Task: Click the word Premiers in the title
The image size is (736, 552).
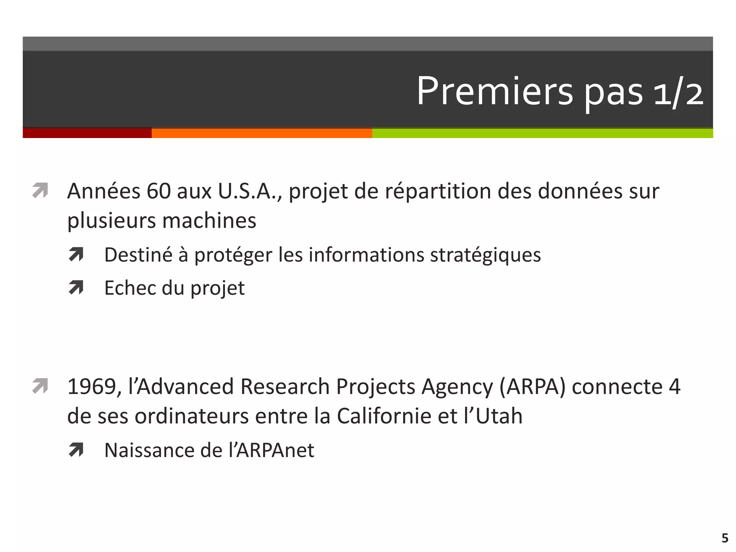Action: pyautogui.click(x=494, y=91)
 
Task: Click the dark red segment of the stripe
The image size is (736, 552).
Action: pyautogui.click(x=87, y=133)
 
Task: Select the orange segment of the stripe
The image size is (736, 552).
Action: pyautogui.click(x=262, y=133)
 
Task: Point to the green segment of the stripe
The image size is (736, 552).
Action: pyautogui.click(x=542, y=133)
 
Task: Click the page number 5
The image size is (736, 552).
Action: pyautogui.click(x=724, y=538)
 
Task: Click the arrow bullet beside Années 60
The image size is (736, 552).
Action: pyautogui.click(x=40, y=190)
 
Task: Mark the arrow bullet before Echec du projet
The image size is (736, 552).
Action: pyautogui.click(x=76, y=287)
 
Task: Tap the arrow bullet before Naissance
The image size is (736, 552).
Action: pyautogui.click(x=76, y=450)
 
